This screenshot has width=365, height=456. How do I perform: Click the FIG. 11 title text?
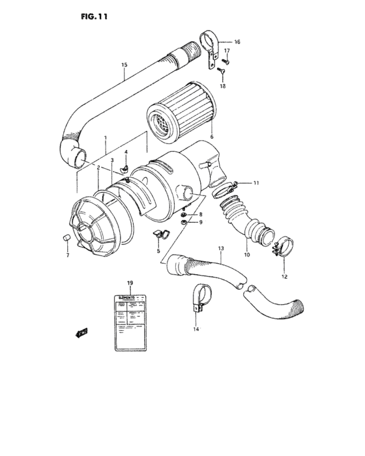pos(90,16)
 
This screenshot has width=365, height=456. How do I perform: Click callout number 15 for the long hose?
pos(124,64)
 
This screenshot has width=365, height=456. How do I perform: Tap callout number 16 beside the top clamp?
pos(237,42)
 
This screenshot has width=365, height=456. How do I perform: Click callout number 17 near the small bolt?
pos(227,51)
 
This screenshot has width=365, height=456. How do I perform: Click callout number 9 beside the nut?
pos(201,222)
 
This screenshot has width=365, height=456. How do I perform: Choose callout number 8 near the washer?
pos(200,214)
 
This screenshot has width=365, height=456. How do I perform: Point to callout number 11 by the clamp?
pos(256,183)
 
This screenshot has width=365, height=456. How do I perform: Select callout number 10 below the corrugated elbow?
pos(247,255)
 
